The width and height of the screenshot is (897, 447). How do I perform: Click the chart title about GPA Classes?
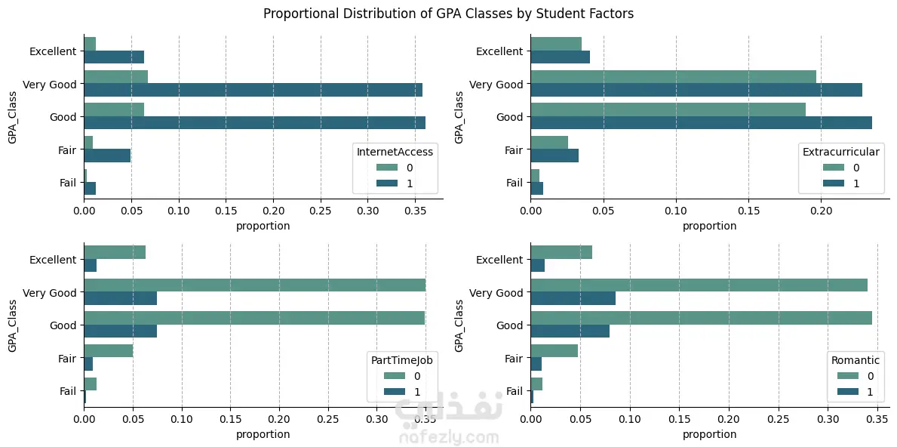pos(448,14)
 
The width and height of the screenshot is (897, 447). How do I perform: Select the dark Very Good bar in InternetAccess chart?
pos(253,91)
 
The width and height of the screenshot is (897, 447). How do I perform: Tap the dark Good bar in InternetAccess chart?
pos(254,123)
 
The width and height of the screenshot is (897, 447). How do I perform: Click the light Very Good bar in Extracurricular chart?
pos(673,77)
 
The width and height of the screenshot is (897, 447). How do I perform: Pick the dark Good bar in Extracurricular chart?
pos(701,123)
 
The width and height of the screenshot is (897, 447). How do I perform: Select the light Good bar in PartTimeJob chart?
pos(254,318)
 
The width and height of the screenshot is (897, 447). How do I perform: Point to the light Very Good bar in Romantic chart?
pos(699,285)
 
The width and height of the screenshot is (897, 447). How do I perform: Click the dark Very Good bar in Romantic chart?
pos(573,298)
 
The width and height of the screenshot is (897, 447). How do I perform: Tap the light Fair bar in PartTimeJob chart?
pos(108,350)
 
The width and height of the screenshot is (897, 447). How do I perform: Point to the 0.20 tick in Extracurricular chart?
pos(820,213)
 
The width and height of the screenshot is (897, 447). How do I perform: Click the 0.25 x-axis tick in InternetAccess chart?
pos(321,213)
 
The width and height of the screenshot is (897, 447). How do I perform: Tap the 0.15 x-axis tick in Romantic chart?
pos(679,421)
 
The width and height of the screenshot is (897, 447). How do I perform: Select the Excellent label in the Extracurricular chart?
pos(499,51)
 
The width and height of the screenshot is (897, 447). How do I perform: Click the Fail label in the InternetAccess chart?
pos(68,183)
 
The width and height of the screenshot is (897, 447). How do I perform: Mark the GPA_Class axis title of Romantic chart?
pos(459,325)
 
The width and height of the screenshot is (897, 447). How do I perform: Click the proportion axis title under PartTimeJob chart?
pos(263,434)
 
